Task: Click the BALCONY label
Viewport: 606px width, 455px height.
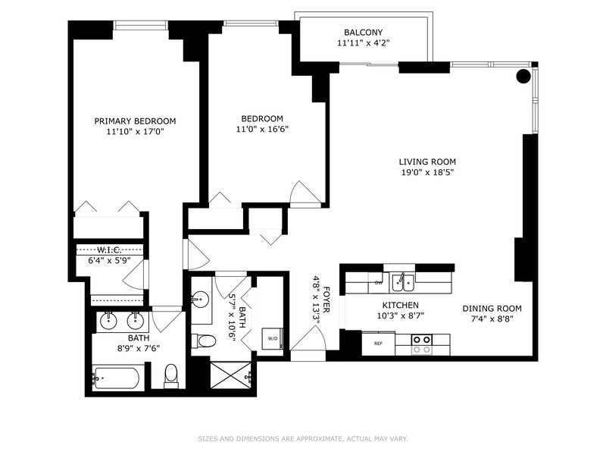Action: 364,33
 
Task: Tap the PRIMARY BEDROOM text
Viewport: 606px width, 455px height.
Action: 135,121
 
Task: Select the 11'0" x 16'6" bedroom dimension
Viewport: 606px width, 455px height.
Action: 262,129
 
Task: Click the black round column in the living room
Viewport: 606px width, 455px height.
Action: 523,76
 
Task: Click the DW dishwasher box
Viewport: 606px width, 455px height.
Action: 378,283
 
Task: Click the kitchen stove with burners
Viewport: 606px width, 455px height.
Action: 422,344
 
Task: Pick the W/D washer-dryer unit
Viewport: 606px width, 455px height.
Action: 271,339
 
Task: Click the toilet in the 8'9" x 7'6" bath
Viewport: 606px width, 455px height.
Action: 171,375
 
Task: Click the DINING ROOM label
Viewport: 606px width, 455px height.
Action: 492,309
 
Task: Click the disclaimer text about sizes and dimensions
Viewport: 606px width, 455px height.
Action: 302,438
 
